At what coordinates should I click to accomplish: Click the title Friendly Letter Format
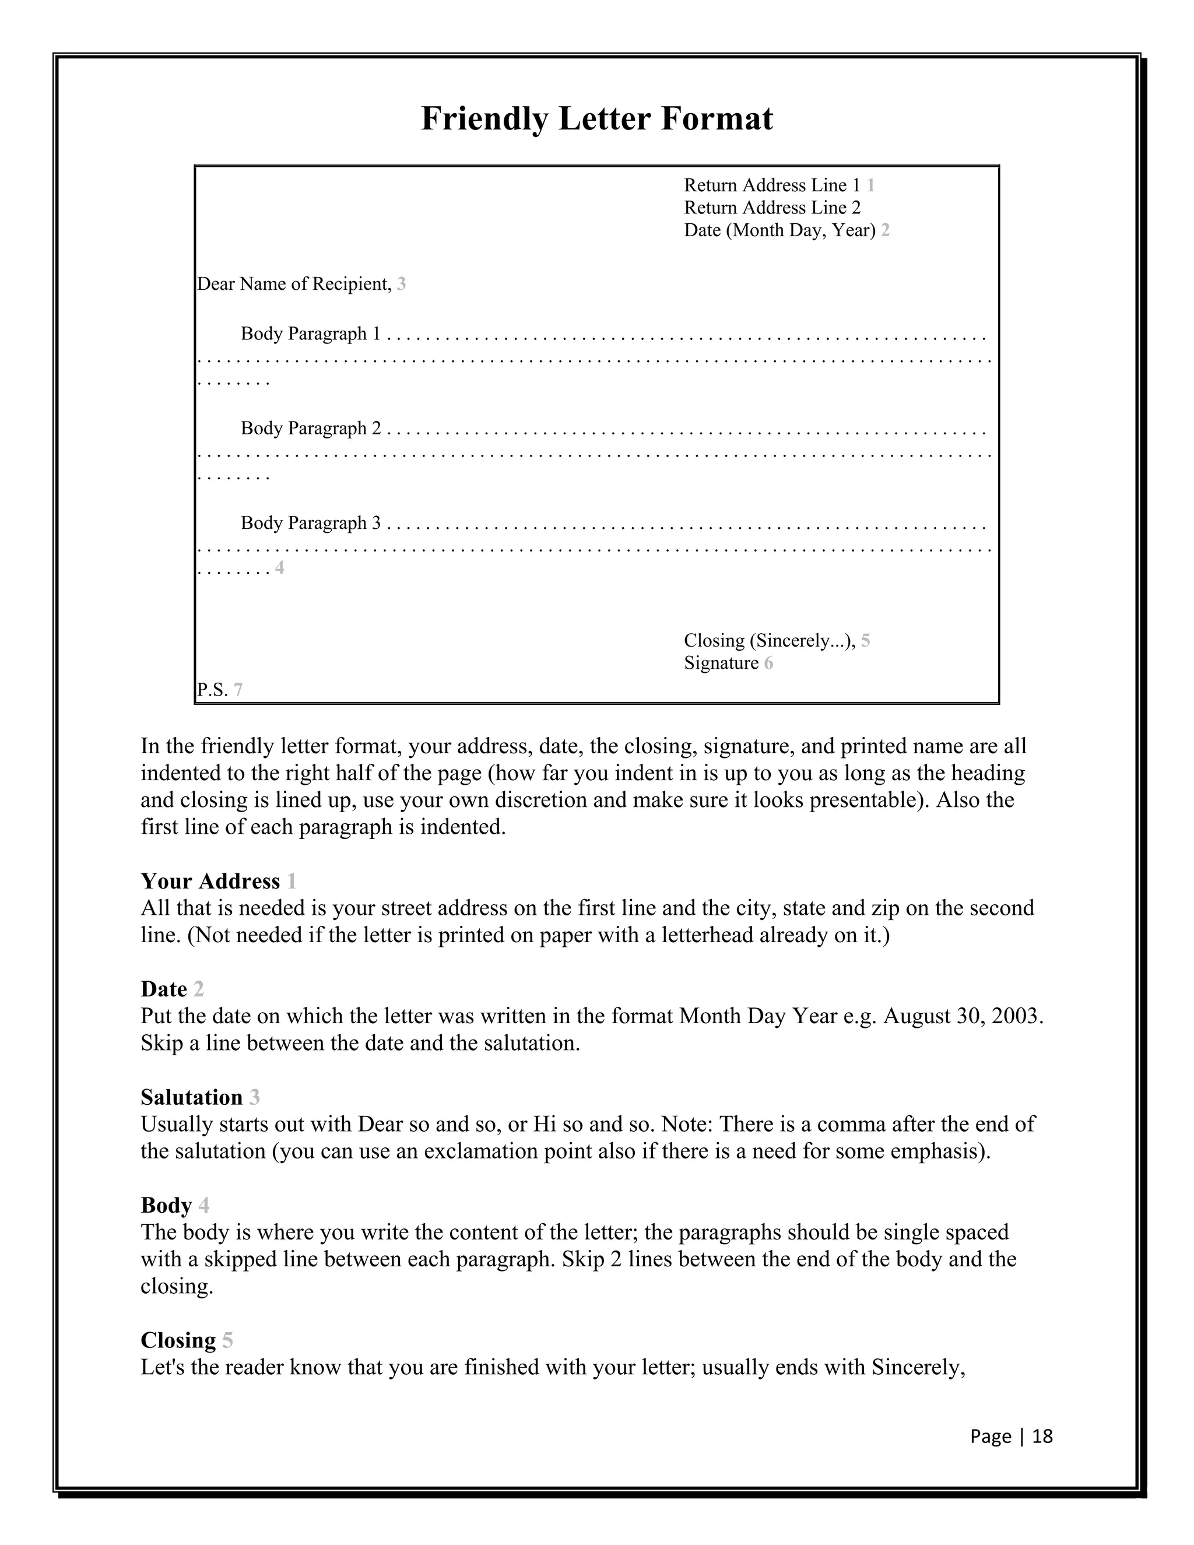tap(596, 118)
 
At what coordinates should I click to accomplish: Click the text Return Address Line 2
tap(772, 208)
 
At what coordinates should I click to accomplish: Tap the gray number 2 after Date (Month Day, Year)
tap(886, 231)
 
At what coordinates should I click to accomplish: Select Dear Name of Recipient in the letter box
tap(294, 285)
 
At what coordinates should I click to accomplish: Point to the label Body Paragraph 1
tap(311, 334)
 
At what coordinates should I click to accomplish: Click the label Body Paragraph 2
tap(311, 429)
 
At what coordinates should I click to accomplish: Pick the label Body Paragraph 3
tap(311, 524)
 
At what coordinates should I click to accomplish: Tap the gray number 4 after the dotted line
tap(279, 568)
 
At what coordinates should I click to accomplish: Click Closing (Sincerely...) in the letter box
tap(769, 641)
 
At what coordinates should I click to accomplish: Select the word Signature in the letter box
tap(721, 663)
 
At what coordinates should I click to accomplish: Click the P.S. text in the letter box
tap(212, 690)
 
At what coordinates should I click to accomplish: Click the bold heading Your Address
tap(210, 882)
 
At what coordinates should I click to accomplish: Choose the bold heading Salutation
tap(191, 1098)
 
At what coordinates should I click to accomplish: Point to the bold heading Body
tap(166, 1206)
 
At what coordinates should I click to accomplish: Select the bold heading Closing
tap(178, 1340)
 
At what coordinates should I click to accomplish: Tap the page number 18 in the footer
tap(1042, 1437)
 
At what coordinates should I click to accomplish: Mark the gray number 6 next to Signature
tap(768, 663)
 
